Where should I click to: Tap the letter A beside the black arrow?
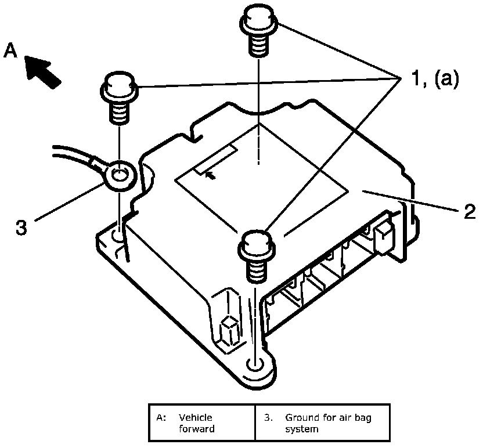(x=10, y=52)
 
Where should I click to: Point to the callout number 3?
(x=21, y=227)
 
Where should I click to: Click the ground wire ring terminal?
(x=120, y=174)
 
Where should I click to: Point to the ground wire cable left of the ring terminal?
(x=75, y=156)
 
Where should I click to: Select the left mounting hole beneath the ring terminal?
(x=118, y=236)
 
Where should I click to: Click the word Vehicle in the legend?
(x=195, y=417)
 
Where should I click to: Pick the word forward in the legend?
(x=196, y=429)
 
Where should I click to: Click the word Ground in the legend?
(x=300, y=417)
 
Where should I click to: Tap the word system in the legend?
(x=301, y=429)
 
